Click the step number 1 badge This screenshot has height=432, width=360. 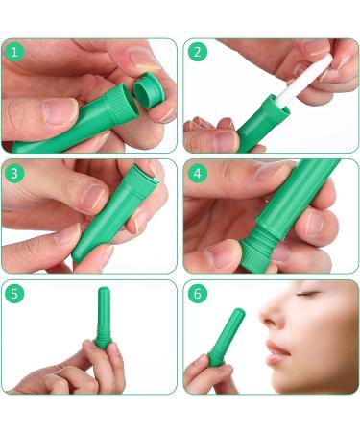(x=14, y=52)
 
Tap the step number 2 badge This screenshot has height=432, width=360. (x=198, y=52)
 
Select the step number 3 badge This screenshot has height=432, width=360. (x=14, y=174)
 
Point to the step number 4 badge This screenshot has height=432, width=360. (x=198, y=174)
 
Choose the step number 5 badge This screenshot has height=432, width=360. (x=14, y=294)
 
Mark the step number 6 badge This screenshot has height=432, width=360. (x=198, y=294)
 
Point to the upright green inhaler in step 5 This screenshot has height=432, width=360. (x=104, y=321)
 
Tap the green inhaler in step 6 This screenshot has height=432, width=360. (x=227, y=336)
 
